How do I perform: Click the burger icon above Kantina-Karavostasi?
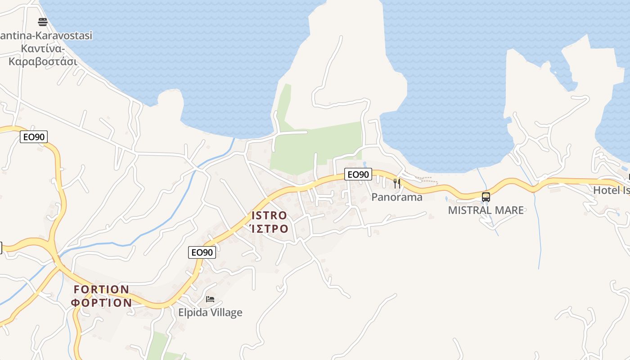43,22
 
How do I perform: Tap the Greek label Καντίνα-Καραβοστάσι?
43,55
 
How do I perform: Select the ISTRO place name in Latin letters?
269,216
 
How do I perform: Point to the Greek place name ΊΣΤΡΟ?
269,229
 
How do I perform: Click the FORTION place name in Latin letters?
102,289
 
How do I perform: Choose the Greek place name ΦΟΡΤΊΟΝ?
102,302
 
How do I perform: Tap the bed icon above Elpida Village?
210,299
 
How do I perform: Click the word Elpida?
194,313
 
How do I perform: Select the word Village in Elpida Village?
228,313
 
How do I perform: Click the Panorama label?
397,197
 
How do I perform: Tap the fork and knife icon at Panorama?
397,183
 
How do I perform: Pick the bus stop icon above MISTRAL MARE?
486,197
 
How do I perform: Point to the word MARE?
510,210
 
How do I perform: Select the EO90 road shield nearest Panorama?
358,174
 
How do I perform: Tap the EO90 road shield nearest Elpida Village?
202,252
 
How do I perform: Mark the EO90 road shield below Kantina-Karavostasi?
34,137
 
